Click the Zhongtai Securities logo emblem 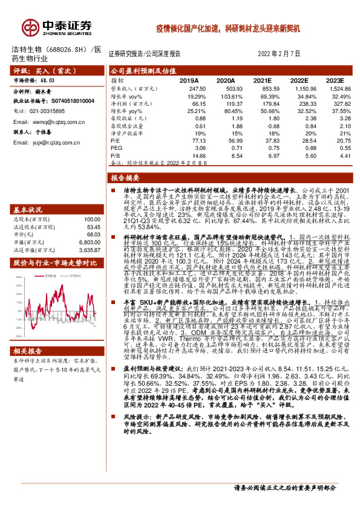point(31,27)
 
